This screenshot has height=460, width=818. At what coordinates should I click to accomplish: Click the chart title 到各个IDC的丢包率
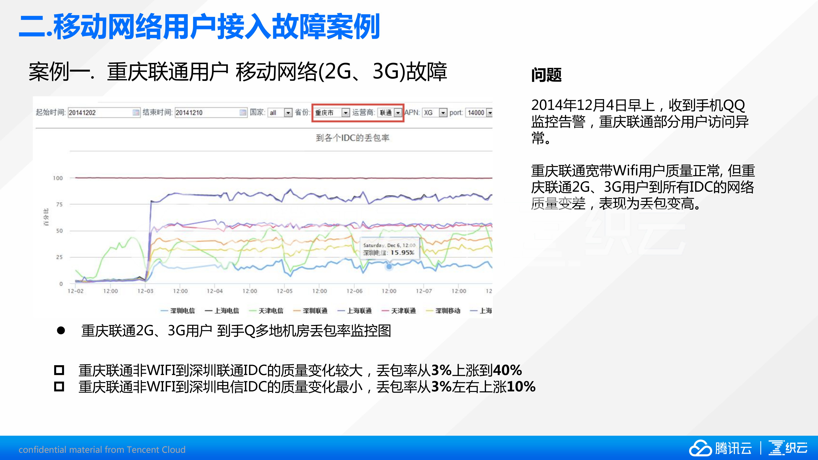(352, 138)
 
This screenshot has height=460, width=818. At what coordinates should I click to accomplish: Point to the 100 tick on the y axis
(58, 178)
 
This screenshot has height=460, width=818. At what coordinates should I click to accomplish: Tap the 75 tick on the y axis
(59, 205)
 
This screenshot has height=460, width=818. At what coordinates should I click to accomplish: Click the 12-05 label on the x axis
(284, 291)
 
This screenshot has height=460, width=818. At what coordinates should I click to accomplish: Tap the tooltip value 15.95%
(402, 253)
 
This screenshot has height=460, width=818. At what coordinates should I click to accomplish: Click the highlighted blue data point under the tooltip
(389, 267)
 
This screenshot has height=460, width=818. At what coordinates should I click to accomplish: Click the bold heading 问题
(546, 75)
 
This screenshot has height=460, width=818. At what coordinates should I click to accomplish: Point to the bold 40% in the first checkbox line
(507, 370)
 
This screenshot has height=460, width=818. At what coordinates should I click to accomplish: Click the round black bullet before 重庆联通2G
(61, 331)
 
